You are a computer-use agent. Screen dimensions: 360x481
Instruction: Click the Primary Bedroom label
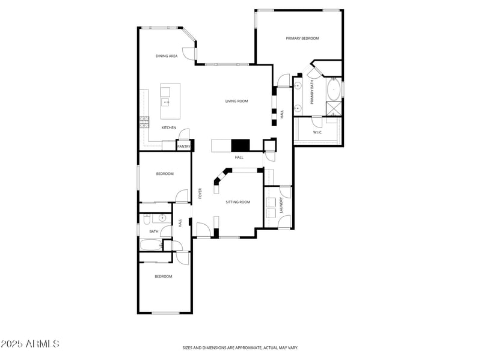[302, 38]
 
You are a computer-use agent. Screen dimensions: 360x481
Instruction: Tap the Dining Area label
[166, 56]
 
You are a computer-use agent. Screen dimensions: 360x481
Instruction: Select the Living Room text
[236, 101]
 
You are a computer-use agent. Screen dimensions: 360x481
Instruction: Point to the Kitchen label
[168, 127]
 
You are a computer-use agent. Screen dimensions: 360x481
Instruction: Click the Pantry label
[183, 146]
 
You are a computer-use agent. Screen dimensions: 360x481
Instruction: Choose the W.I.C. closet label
[317, 132]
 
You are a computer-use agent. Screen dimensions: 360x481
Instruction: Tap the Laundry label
[281, 206]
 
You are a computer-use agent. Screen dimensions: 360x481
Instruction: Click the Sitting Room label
[237, 202]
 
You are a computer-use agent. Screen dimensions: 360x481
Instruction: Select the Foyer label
[200, 194]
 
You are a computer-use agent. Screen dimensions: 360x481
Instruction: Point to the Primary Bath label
[312, 93]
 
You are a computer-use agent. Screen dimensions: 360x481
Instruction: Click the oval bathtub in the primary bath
[333, 91]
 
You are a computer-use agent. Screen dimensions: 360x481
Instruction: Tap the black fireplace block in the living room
[240, 145]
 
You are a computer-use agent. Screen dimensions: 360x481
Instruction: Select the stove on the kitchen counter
[144, 122]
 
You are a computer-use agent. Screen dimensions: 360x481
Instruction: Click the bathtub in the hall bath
[150, 245]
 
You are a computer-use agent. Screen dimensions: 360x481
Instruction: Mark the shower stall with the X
[333, 109]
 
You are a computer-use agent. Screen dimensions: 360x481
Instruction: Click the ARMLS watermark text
[30, 344]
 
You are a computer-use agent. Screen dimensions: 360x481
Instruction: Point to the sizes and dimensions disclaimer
[240, 347]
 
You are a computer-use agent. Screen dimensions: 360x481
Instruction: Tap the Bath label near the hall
[154, 231]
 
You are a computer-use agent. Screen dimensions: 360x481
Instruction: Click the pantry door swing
[186, 133]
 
